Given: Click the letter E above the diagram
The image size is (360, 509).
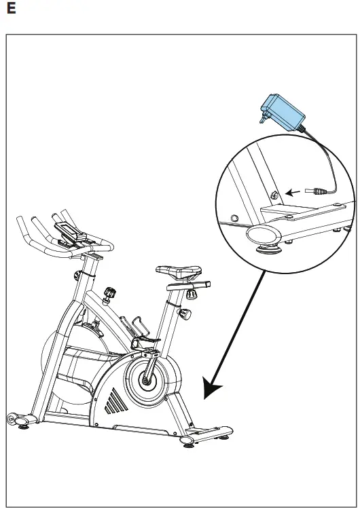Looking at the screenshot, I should [x=10, y=11].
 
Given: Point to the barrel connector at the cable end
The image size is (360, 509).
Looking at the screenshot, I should [x=314, y=191].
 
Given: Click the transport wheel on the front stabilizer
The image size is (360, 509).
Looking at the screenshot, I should [x=12, y=419].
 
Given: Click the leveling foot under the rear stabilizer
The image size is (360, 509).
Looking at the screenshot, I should [x=187, y=444].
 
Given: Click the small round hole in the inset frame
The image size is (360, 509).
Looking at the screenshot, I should [x=235, y=219].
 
